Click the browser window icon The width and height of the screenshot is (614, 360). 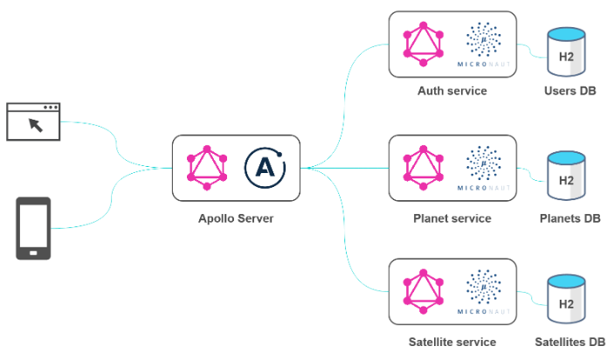tap(33, 121)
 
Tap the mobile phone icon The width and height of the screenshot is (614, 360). tap(33, 228)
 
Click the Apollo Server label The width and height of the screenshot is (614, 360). tap(236, 218)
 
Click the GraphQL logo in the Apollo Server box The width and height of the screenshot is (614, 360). tap(208, 165)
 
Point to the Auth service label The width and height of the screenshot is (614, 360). tap(452, 91)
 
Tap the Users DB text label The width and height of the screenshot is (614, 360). tap(569, 91)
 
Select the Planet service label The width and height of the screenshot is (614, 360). tap(452, 218)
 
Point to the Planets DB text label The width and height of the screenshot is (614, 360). tap(569, 218)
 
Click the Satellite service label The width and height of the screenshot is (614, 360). tap(452, 342)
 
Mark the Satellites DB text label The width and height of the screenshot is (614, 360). tap(569, 342)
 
